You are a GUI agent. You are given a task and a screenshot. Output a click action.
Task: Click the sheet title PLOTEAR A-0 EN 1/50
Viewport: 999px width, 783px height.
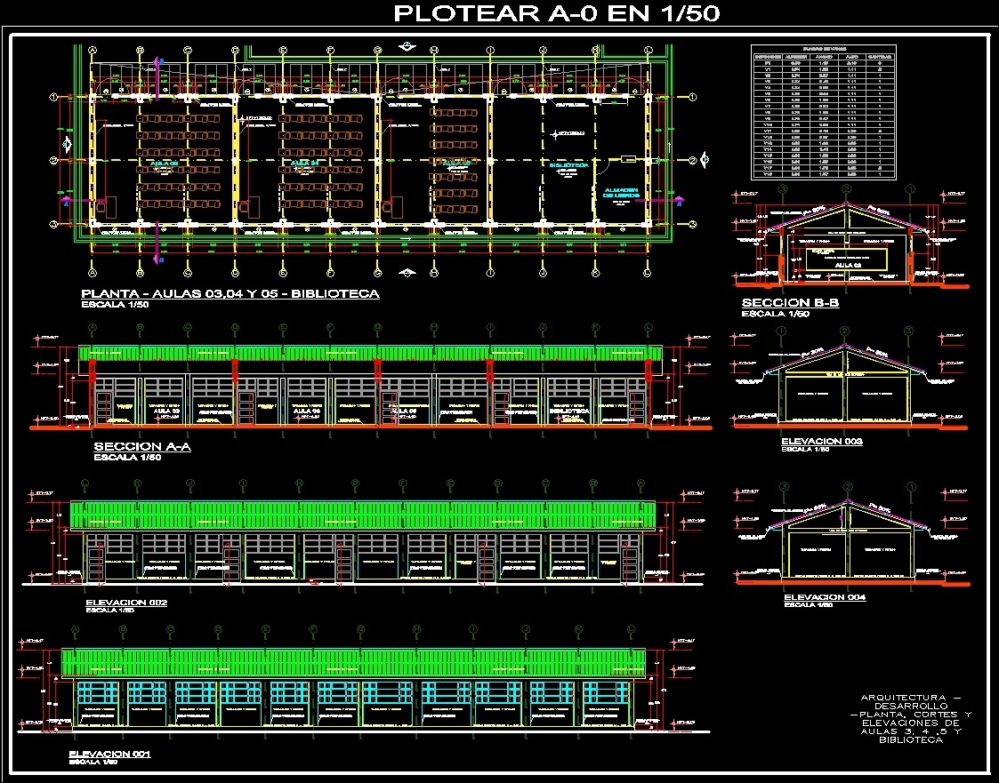pyautogui.click(x=557, y=13)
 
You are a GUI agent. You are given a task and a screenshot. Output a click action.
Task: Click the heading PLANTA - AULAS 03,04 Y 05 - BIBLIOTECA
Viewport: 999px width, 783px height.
pyautogui.click(x=230, y=293)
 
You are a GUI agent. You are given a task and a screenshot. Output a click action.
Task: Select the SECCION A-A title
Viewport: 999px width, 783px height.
pyautogui.click(x=142, y=447)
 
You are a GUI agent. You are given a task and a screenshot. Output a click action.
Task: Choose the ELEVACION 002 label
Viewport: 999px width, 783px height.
pyautogui.click(x=126, y=602)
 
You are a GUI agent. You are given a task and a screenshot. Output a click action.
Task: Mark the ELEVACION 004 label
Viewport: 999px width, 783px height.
pyautogui.click(x=825, y=597)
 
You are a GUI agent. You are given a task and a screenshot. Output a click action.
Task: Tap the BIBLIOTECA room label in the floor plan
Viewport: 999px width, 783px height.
pyautogui.click(x=568, y=165)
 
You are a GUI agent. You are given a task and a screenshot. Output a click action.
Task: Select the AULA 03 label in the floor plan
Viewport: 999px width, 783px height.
pyautogui.click(x=165, y=164)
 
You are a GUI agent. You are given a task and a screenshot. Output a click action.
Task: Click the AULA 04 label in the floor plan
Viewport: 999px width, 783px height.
pyautogui.click(x=302, y=164)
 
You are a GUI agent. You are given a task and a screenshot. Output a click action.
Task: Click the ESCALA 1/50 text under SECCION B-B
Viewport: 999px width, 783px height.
pyautogui.click(x=775, y=314)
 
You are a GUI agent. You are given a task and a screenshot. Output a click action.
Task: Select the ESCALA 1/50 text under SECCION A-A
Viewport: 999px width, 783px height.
pyautogui.click(x=127, y=457)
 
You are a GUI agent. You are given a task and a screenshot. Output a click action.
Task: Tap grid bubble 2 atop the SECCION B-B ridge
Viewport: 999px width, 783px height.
pyautogui.click(x=846, y=189)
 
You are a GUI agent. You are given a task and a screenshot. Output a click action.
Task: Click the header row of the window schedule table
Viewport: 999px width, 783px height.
pyautogui.click(x=824, y=57)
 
